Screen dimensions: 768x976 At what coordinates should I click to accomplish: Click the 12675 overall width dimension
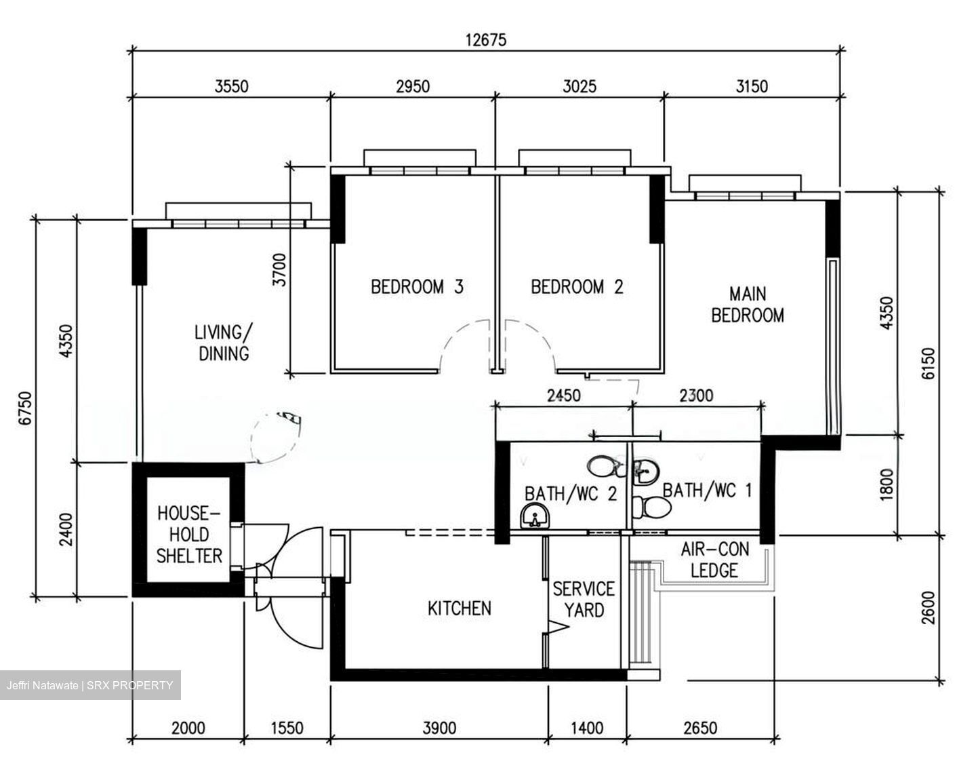[485, 40]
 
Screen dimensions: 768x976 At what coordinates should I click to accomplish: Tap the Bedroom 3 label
[417, 287]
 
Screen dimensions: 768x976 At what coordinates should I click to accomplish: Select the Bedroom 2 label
[577, 287]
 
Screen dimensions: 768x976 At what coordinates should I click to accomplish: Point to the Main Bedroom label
[748, 305]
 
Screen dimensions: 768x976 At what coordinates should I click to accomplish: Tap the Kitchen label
[459, 609]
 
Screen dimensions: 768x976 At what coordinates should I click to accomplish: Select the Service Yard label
[584, 599]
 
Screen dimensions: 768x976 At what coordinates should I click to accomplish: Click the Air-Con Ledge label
[714, 560]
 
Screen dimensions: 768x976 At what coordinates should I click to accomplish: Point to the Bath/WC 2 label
[571, 493]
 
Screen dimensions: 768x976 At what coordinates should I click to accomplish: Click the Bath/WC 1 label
[707, 489]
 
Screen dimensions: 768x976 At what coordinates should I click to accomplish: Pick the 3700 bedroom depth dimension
[279, 269]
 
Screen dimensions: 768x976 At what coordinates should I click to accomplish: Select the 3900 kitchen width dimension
[439, 729]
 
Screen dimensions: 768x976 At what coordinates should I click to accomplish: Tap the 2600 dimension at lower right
[928, 608]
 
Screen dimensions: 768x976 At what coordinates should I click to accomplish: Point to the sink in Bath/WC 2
[535, 518]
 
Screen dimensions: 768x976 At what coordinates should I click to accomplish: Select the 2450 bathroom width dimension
[563, 395]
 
